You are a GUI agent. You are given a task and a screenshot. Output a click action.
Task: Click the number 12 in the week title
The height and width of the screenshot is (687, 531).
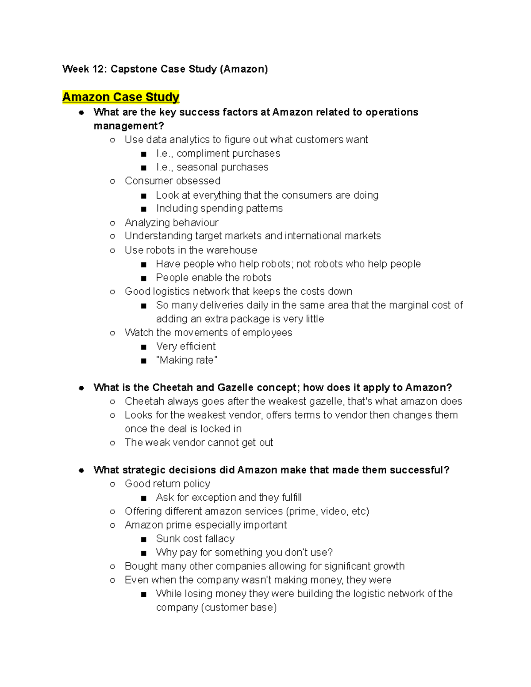tap(97, 69)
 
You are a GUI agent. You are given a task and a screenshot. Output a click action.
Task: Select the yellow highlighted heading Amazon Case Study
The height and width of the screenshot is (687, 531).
tap(121, 97)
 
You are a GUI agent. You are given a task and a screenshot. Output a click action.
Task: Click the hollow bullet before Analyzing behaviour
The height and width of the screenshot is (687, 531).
tap(112, 223)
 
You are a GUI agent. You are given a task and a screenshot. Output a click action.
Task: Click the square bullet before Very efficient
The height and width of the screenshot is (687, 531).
tap(143, 347)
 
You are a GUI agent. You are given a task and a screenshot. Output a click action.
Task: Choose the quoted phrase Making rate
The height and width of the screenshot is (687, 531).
tap(186, 360)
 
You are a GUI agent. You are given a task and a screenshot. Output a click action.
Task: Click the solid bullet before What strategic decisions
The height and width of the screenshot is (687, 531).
tap(81, 470)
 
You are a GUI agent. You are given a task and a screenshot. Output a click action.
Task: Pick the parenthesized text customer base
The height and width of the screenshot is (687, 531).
tap(239, 607)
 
